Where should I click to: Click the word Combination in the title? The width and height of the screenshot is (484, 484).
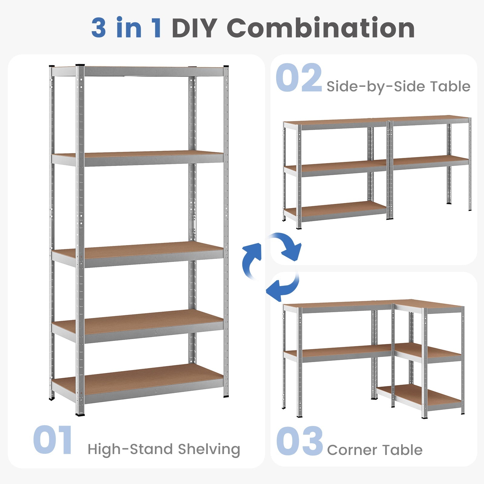(x=321, y=28)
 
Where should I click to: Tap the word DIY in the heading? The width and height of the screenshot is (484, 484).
(x=195, y=28)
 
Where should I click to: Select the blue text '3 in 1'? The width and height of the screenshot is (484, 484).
(x=126, y=28)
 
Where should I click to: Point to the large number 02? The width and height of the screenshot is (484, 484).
(x=299, y=77)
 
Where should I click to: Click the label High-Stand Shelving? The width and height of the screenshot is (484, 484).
(x=164, y=449)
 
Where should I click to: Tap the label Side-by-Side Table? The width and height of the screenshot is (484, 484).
(x=398, y=87)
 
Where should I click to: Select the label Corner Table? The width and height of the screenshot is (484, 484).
(x=374, y=450)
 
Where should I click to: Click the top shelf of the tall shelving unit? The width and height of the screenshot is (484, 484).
(x=138, y=71)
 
